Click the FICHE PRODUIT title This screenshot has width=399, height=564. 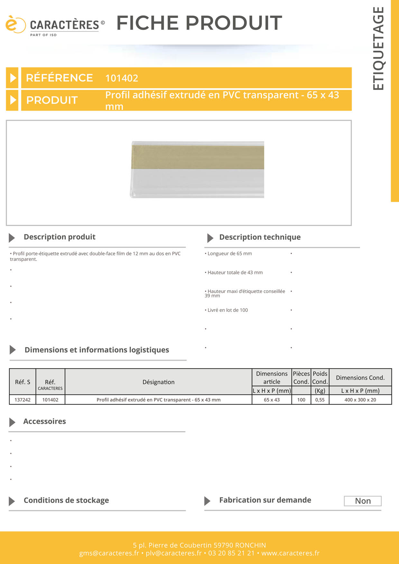click(x=199, y=23)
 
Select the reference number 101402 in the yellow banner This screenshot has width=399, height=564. click(x=122, y=78)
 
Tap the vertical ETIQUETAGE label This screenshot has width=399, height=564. click(x=378, y=49)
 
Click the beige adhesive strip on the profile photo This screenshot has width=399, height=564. click(x=198, y=157)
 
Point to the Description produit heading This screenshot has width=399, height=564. click(x=60, y=237)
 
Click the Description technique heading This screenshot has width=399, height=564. click(x=260, y=237)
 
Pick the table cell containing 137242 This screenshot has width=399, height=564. click(x=23, y=400)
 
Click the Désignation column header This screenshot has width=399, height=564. click(x=158, y=382)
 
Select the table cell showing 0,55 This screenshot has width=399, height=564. click(x=320, y=400)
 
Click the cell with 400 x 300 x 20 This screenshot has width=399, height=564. click(x=360, y=400)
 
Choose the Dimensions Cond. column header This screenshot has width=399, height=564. click(x=360, y=378)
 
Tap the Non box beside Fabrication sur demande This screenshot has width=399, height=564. click(x=363, y=501)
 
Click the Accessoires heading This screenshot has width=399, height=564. click(x=44, y=422)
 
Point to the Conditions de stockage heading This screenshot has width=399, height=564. click(x=66, y=500)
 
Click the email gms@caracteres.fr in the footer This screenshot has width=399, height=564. click(x=109, y=553)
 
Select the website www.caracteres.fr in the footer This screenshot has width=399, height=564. click(x=290, y=553)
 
